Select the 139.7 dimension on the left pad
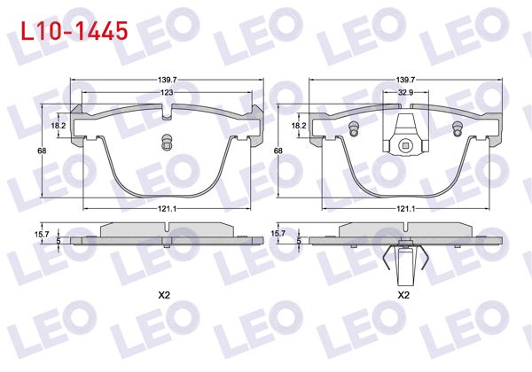point(167,80)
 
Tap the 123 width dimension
point(167,92)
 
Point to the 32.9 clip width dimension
point(406,92)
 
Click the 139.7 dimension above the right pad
point(406,80)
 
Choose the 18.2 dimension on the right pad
point(300,127)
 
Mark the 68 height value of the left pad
point(42,151)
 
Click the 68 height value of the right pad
point(279,151)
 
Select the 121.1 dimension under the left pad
point(167,208)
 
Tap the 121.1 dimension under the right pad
point(406,208)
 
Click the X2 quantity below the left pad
point(165,295)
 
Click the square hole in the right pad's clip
point(406,147)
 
